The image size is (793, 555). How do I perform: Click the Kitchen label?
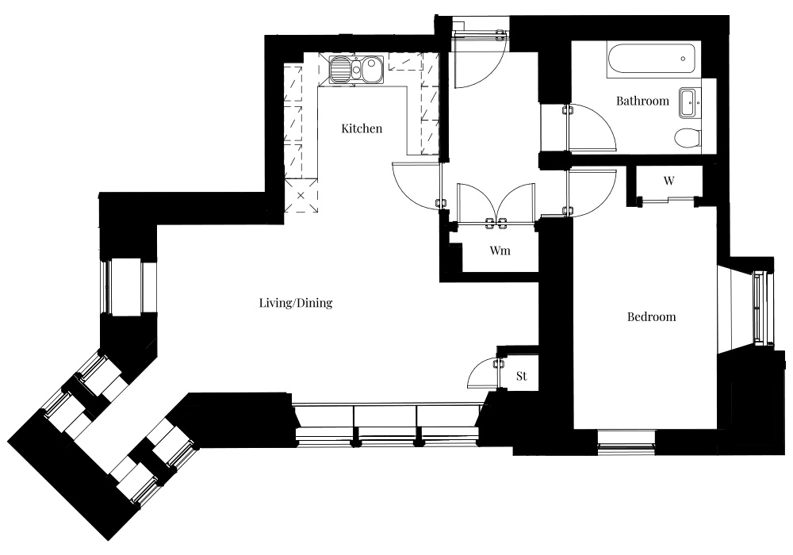coord(362,128)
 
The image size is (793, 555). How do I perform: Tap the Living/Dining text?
coord(296,303)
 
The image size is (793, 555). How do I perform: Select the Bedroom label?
coord(651,317)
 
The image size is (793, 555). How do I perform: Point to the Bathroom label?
coord(642,101)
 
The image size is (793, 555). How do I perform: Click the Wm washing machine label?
coord(500,251)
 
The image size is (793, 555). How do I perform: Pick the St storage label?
coord(522,376)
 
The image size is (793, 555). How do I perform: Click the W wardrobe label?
coord(668,181)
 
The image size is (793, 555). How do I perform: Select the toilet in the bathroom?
coord(688,137)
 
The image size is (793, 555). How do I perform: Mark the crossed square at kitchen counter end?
coord(301,196)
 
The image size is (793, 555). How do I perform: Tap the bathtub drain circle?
coord(684,59)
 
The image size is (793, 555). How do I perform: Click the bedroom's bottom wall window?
coord(626,438)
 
